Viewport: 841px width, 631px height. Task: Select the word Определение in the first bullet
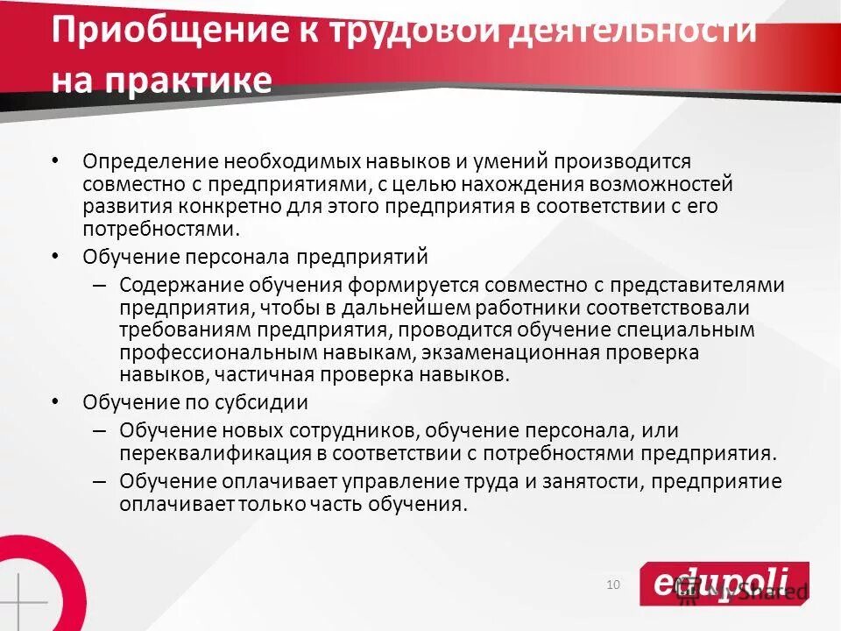[148, 162]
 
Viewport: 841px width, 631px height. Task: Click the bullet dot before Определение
[56, 162]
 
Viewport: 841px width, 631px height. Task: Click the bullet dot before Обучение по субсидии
[56, 402]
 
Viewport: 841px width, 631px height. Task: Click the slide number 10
[612, 585]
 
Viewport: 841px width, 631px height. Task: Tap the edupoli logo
[724, 583]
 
